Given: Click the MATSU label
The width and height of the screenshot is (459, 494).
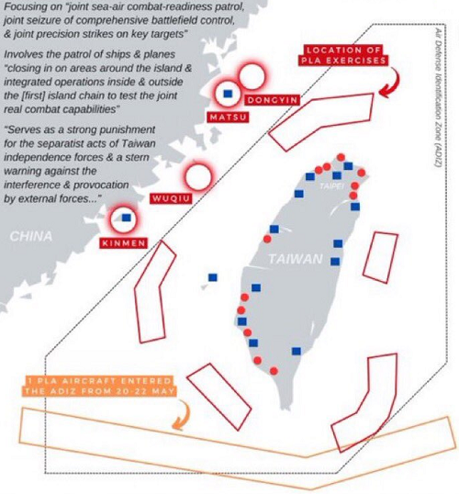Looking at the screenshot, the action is [x=228, y=118].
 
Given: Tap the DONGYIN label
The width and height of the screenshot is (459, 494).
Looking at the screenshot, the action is [x=272, y=100].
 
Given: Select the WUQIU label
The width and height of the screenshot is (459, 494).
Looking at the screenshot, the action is [x=171, y=198].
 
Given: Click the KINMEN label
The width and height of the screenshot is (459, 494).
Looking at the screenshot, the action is [x=124, y=243].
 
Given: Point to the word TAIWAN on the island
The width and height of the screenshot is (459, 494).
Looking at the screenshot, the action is [x=296, y=259].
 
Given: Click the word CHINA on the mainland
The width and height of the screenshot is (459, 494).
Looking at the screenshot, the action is [x=31, y=236].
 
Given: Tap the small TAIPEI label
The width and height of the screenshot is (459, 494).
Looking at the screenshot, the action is [x=331, y=186].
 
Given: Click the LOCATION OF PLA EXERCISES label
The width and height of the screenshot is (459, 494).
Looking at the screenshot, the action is [x=343, y=55].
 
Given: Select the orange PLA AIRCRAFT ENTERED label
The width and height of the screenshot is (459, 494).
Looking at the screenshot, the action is [x=99, y=386].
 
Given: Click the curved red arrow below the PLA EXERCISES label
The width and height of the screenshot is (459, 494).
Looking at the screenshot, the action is [x=395, y=83].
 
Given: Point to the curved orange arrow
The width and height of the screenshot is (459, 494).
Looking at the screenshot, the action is [x=186, y=415].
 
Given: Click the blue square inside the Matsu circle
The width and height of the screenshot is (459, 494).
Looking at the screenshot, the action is [x=228, y=94].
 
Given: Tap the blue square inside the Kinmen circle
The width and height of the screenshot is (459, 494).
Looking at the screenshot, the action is [x=127, y=218].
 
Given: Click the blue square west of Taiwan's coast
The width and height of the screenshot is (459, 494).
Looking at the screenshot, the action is [x=213, y=277].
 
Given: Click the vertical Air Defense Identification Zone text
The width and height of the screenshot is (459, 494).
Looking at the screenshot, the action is [x=438, y=97].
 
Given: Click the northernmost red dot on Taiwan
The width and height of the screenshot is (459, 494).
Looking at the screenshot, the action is [x=341, y=157].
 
